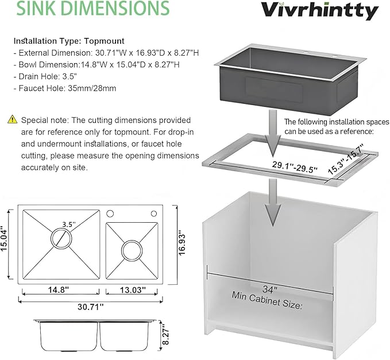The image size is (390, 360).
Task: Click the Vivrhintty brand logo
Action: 320,10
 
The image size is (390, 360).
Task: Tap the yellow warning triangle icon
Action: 13,119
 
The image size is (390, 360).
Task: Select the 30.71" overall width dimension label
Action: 90,307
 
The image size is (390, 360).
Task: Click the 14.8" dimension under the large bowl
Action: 58,289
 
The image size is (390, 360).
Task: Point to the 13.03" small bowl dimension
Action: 133,290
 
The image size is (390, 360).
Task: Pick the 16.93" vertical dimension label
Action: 182,245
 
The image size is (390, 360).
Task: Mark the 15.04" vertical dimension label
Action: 4,239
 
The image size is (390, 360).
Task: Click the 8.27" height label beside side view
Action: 165,334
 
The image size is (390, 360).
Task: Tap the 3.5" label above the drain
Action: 69,224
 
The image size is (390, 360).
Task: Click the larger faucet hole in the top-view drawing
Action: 110,214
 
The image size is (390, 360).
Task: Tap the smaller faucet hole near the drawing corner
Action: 154,214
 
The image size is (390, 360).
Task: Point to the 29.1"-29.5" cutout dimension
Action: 295,167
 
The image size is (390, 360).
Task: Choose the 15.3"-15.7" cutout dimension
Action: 345,159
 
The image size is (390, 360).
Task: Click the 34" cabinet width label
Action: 270,289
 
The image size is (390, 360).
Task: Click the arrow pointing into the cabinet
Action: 273,202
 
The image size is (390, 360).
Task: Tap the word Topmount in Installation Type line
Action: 104,41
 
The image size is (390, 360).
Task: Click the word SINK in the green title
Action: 33,7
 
